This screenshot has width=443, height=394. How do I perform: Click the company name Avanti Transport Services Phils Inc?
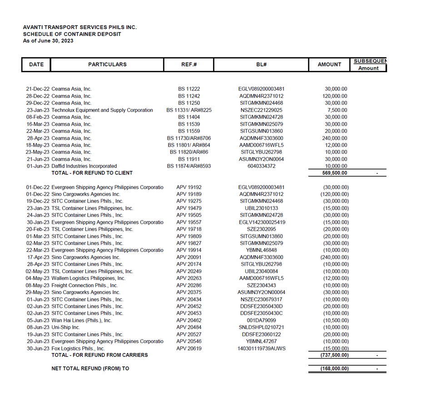(x=80, y=27)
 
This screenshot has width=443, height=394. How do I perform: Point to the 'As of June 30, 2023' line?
(x=48, y=41)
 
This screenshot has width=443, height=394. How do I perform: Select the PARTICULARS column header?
(x=107, y=65)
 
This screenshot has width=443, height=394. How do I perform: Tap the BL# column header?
(x=261, y=65)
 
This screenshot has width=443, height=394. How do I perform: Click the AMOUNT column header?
(x=329, y=65)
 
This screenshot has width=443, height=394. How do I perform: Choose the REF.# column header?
(x=189, y=65)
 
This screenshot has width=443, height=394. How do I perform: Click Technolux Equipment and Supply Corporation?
(x=102, y=110)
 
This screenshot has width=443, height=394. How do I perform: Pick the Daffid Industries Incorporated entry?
(x=84, y=166)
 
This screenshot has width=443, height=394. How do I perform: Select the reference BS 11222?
(x=189, y=89)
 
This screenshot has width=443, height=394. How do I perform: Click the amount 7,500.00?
(x=338, y=110)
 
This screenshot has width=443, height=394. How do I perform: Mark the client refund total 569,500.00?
(x=334, y=173)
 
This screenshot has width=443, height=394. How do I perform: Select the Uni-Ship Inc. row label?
(x=66, y=327)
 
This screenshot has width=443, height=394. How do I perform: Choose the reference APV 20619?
(x=189, y=349)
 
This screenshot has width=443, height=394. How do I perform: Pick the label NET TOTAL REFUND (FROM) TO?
(x=90, y=369)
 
